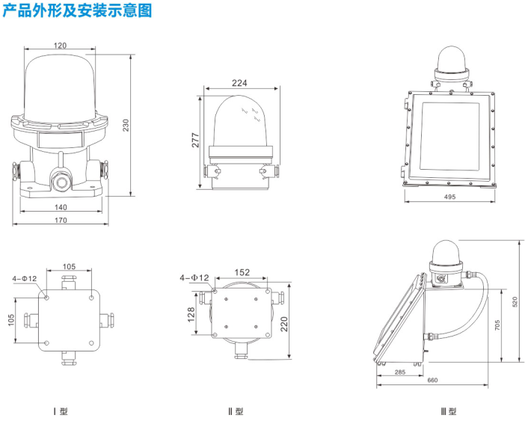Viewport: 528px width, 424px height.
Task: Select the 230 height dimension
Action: (x=126, y=126)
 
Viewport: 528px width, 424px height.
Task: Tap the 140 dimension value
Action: (x=61, y=207)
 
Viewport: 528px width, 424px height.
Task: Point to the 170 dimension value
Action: (x=61, y=220)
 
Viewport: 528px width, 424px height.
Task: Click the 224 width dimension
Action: (x=239, y=84)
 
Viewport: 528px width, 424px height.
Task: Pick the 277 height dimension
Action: (x=195, y=141)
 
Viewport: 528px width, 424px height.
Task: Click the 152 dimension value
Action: (x=242, y=273)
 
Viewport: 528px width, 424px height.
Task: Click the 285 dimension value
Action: (x=401, y=372)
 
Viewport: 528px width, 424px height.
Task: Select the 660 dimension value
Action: (x=432, y=381)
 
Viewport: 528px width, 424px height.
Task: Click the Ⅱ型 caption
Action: (x=236, y=411)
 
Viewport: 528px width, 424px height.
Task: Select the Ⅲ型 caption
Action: (x=449, y=411)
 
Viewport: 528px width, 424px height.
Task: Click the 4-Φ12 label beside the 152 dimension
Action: (x=192, y=277)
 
